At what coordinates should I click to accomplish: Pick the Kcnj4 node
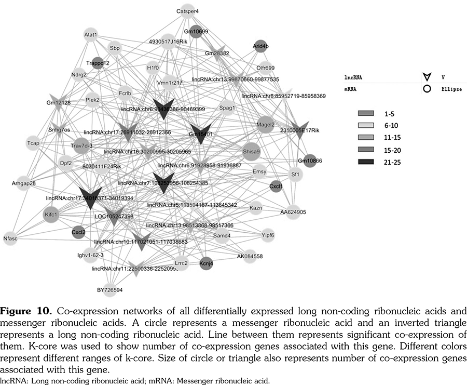pyautogui.click(x=206, y=262)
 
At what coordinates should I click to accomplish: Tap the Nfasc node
pyautogui.click(x=11, y=239)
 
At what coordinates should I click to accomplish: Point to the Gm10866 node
pyautogui.click(x=310, y=161)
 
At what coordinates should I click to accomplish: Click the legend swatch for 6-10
pyautogui.click(x=365, y=125)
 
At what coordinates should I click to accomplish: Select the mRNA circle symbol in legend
pyautogui.click(x=427, y=89)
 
